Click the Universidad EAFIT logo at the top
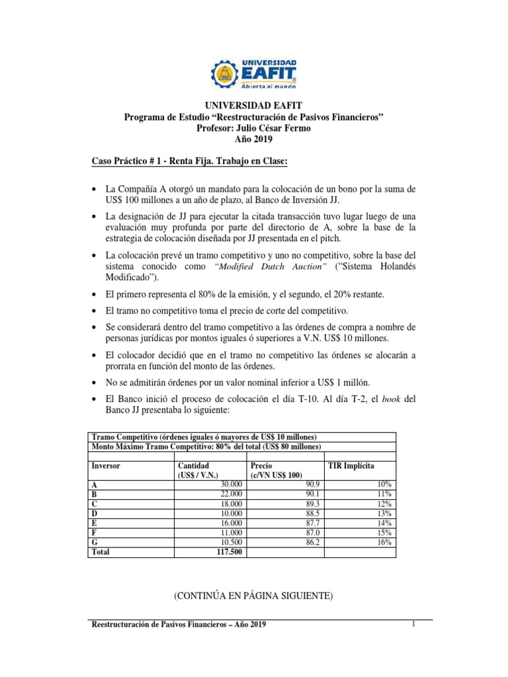(x=254, y=73)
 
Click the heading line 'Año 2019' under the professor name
(x=253, y=139)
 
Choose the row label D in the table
(x=95, y=513)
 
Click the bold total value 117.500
(x=226, y=551)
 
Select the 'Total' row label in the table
(x=101, y=551)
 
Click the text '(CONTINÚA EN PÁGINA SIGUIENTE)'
(x=253, y=596)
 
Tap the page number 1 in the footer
(x=413, y=624)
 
